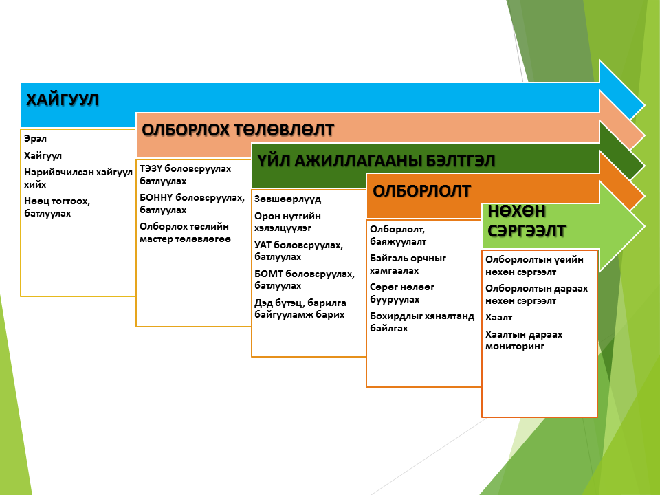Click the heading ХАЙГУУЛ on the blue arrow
pyautogui.click(x=63, y=100)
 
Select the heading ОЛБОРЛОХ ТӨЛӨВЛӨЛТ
pyautogui.click(x=238, y=130)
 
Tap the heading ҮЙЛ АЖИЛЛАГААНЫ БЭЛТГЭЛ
pyautogui.click(x=376, y=161)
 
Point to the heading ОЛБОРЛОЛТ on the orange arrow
pyautogui.click(x=421, y=191)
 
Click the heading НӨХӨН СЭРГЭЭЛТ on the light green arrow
pyautogui.click(x=527, y=221)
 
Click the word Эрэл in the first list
pyautogui.click(x=35, y=138)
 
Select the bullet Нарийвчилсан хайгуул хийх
pyautogui.click(x=78, y=178)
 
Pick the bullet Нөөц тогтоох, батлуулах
pyautogui.click(x=57, y=207)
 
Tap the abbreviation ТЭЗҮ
pyautogui.click(x=151, y=169)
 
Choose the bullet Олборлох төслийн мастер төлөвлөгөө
pyautogui.click(x=185, y=233)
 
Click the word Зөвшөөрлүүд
pyautogui.click(x=287, y=199)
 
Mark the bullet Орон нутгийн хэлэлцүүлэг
pyautogui.click(x=287, y=222)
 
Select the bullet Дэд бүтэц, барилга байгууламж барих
pyautogui.click(x=300, y=309)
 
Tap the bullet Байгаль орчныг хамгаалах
pyautogui.click(x=408, y=264)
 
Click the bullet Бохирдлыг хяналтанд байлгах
pyautogui.click(x=422, y=322)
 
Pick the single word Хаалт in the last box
pyautogui.click(x=499, y=318)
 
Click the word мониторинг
pyautogui.click(x=515, y=346)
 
